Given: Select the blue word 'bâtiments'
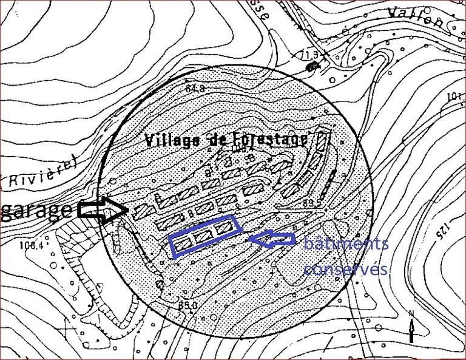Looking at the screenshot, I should tap(345, 245).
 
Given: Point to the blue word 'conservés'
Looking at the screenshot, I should tap(345, 269).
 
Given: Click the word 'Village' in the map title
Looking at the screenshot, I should tap(172, 140).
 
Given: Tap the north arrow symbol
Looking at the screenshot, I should tap(412, 327).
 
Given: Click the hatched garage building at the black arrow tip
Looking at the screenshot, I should tap(143, 210).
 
